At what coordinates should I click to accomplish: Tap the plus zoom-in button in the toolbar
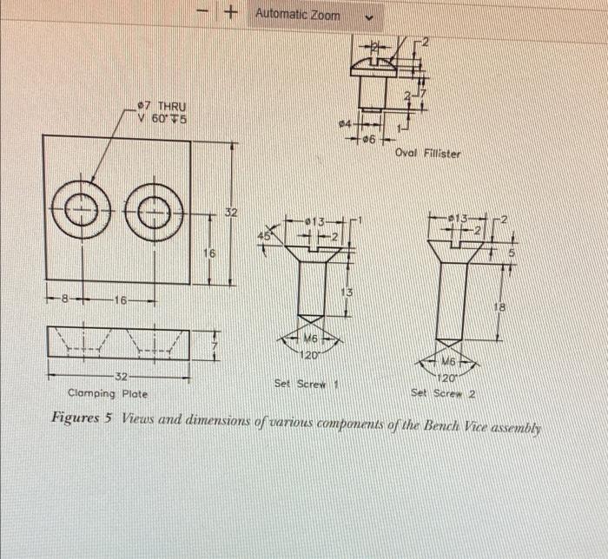click(230, 14)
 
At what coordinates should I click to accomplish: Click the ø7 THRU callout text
click(162, 106)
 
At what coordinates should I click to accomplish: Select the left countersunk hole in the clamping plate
click(83, 208)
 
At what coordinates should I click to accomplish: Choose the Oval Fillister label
click(427, 154)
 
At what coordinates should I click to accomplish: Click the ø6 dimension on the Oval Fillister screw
click(370, 139)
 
